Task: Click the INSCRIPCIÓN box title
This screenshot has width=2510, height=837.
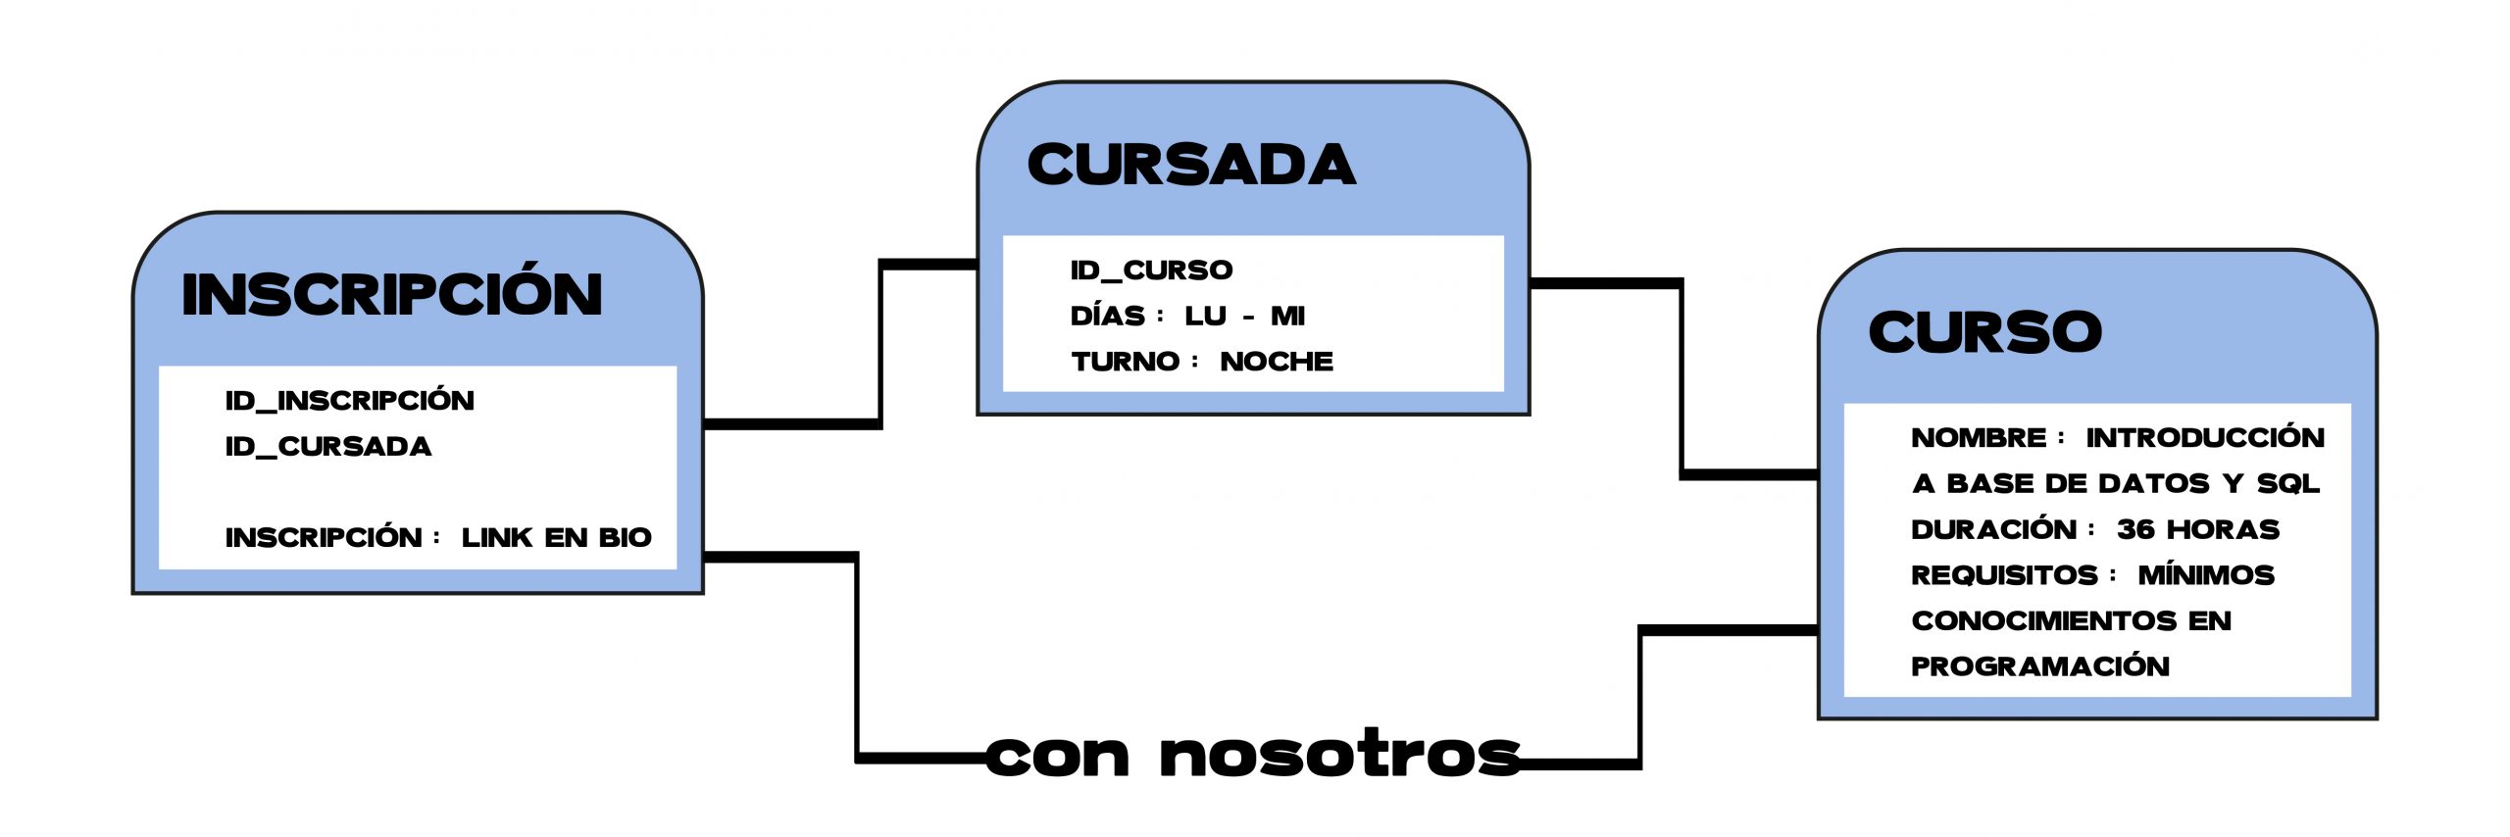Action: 392,293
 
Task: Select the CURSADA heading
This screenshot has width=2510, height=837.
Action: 1191,164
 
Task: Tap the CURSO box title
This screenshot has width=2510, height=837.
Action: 1984,331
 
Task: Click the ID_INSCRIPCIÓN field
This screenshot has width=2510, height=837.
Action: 349,400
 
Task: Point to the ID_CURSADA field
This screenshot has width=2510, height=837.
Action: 327,446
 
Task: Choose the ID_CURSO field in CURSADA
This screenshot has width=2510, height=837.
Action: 1151,270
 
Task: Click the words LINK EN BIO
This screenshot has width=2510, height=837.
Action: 556,537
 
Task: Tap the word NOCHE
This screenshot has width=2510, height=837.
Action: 1276,362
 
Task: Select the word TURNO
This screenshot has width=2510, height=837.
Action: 1125,362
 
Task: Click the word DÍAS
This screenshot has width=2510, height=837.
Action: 1107,316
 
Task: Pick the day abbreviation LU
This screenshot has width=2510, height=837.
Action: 1205,316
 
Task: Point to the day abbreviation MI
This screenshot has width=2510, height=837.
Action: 1287,316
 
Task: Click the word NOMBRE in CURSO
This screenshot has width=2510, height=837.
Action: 1979,437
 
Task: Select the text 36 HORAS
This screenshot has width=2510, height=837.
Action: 2197,529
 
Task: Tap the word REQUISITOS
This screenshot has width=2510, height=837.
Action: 2003,574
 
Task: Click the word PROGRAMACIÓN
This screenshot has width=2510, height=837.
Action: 2039,666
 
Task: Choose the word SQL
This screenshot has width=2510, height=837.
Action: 2287,483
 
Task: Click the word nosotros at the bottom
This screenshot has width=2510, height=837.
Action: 1338,756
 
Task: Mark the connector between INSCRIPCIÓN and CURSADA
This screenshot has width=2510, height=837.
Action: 880,343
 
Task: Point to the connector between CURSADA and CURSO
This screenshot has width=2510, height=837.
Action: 1682,377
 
